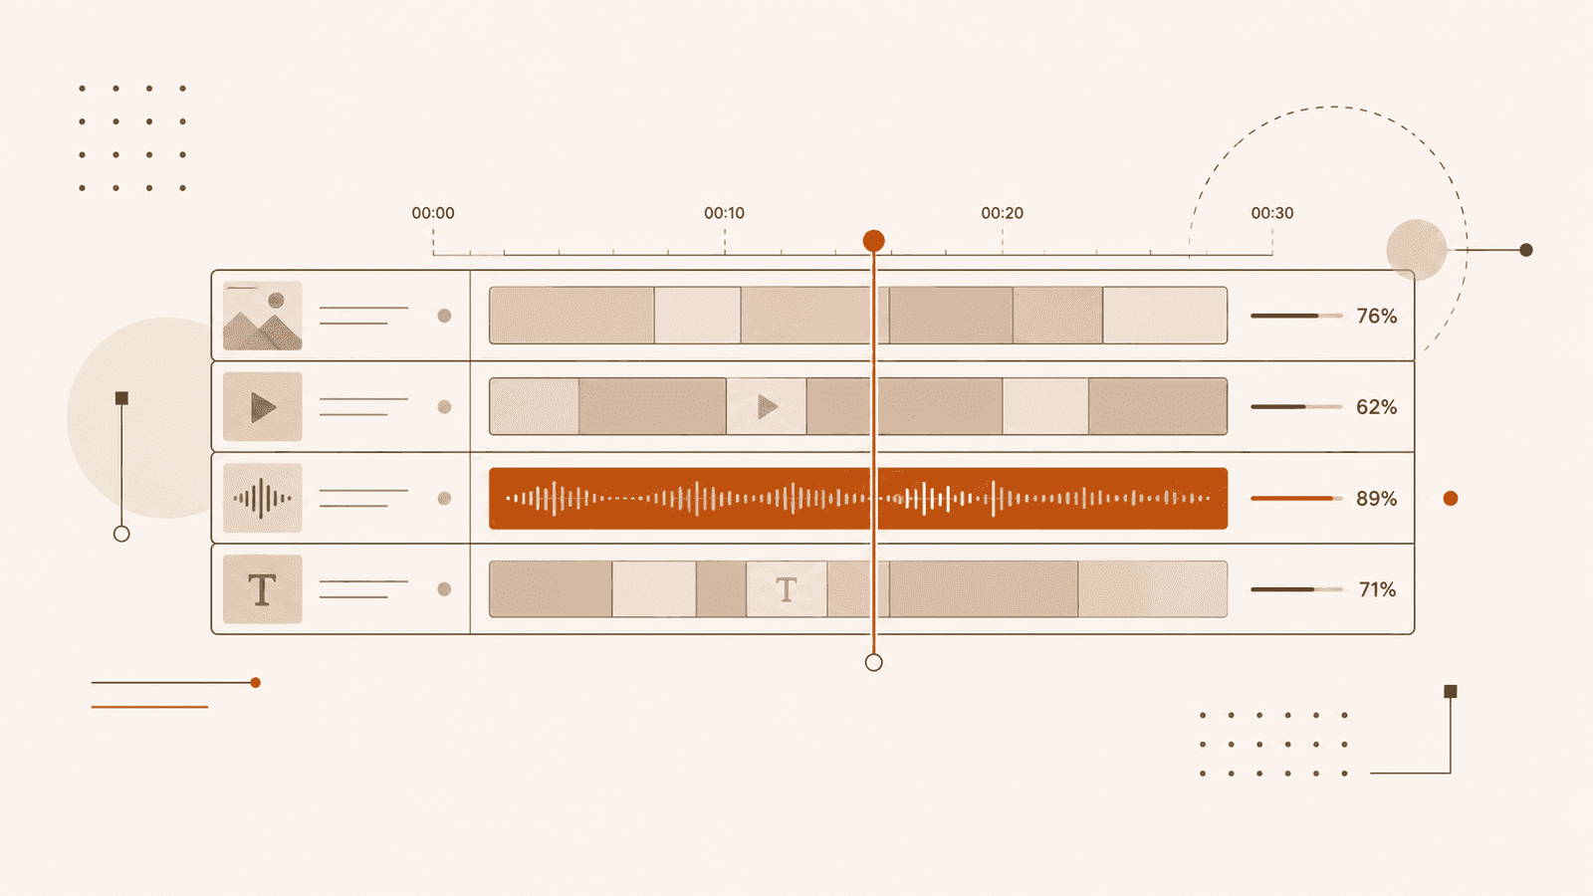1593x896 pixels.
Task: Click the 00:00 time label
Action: (x=433, y=213)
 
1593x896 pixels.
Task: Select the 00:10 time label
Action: (x=724, y=213)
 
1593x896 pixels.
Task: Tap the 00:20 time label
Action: (x=1002, y=213)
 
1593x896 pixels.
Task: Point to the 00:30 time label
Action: (x=1272, y=213)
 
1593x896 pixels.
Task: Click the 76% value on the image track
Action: (x=1377, y=316)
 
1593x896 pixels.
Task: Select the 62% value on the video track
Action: (x=1377, y=407)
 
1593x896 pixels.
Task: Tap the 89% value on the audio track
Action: (x=1377, y=499)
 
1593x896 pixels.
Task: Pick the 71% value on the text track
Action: (x=1378, y=589)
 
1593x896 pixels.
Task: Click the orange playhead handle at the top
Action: (x=873, y=241)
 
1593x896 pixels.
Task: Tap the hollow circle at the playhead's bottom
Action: (x=873, y=663)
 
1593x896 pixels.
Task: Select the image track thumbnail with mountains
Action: (x=263, y=316)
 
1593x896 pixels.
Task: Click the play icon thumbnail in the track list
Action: (x=263, y=407)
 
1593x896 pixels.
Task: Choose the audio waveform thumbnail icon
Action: (x=263, y=498)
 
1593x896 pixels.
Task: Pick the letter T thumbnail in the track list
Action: (x=263, y=588)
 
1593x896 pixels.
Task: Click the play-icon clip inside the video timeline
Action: (x=767, y=407)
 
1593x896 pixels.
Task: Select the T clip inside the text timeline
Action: (x=787, y=588)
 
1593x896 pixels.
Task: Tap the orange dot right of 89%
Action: (x=1451, y=499)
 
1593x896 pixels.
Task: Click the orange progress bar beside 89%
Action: (x=1291, y=499)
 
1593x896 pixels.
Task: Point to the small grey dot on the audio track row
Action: (x=444, y=498)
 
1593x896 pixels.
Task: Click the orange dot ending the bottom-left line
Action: (x=255, y=683)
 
